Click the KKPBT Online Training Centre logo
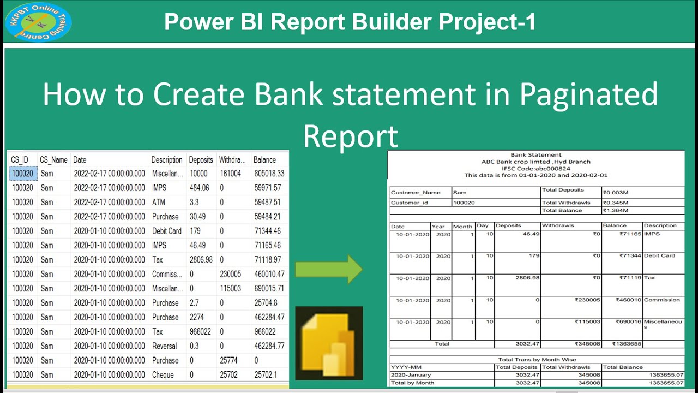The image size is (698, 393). pos(38,22)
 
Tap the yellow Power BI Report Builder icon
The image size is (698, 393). pos(328,343)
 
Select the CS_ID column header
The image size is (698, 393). pos(20,160)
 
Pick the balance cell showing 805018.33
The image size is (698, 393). pos(269,174)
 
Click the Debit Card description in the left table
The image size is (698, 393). pos(167,231)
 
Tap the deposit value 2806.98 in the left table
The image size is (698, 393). pos(201,260)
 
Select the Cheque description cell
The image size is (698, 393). pos(163,375)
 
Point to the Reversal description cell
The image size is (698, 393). pos(165,346)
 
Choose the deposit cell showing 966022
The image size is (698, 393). pos(201,331)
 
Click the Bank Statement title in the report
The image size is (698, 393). pos(535,155)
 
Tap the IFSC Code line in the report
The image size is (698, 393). pos(535,169)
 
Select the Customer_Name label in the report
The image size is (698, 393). pos(416,192)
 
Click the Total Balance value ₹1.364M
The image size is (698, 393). pos(616,210)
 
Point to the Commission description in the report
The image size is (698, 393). pos(661,300)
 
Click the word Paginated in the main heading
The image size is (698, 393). pos(589,94)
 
